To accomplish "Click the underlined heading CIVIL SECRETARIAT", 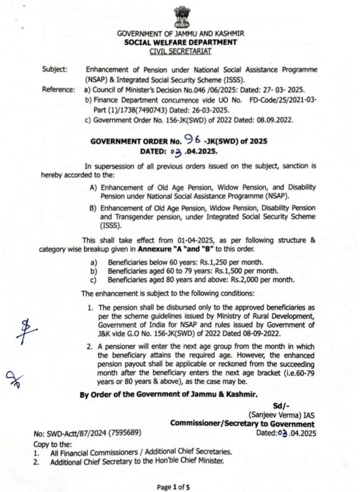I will coord(180,50).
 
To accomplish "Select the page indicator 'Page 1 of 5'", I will coord(173,486).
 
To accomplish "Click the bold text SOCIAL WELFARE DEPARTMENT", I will coord(180,42).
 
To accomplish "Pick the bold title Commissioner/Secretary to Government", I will coord(242,424).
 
